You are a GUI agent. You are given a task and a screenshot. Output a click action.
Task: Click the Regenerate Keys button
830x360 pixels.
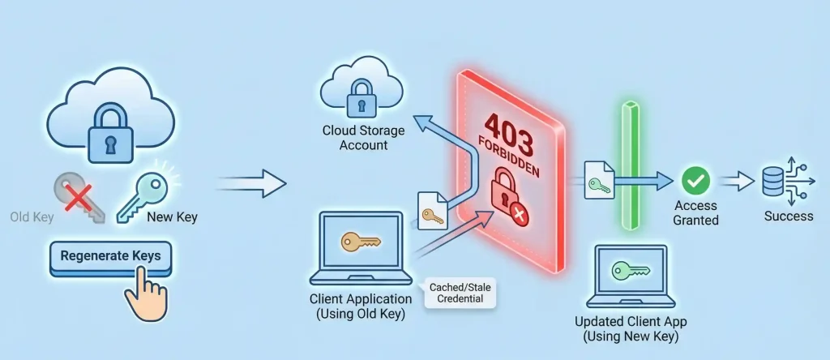[110, 256]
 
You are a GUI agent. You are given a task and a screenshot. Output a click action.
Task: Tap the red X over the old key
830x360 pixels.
[77, 195]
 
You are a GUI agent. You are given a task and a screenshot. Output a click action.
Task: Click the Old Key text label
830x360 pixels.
[32, 217]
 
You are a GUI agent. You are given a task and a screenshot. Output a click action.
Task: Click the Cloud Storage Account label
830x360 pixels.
[354, 138]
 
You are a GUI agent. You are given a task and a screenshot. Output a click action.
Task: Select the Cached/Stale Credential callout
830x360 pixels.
[459, 293]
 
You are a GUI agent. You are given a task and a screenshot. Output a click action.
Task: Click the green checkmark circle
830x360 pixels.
[695, 179]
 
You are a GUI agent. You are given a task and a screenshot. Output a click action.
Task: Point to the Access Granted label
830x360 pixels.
[695, 213]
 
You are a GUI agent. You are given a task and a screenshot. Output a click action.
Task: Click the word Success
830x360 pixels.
[789, 216]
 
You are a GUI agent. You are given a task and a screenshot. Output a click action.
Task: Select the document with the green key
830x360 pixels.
[599, 180]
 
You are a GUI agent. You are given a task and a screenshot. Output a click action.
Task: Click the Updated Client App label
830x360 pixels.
[630, 328]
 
